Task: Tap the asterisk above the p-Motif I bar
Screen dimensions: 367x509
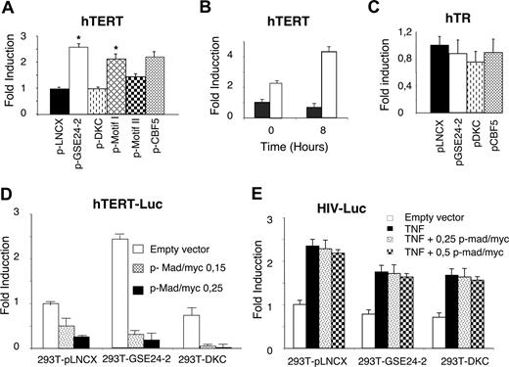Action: click(116, 50)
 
